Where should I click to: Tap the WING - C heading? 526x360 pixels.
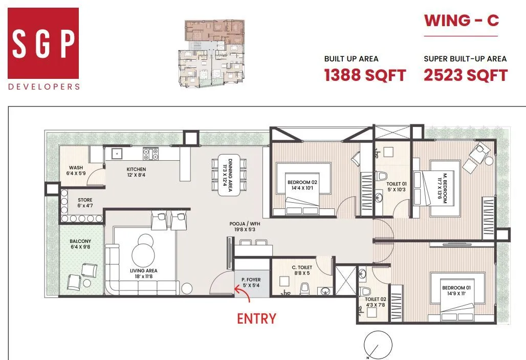pyautogui.click(x=461, y=21)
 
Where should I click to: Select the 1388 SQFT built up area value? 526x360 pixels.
pyautogui.click(x=365, y=75)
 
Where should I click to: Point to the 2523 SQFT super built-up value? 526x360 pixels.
pyautogui.click(x=465, y=75)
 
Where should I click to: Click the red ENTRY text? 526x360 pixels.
pyautogui.click(x=256, y=319)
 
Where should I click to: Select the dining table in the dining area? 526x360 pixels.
pyautogui.click(x=230, y=174)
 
